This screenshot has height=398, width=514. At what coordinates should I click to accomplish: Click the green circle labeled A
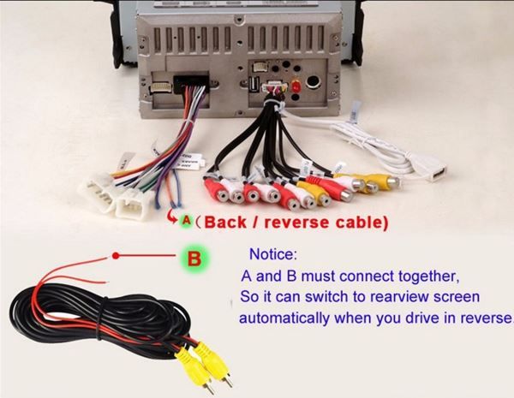point(186,221)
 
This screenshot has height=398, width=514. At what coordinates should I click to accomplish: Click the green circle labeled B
point(194,256)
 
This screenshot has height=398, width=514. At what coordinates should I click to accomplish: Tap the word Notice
point(273,255)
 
